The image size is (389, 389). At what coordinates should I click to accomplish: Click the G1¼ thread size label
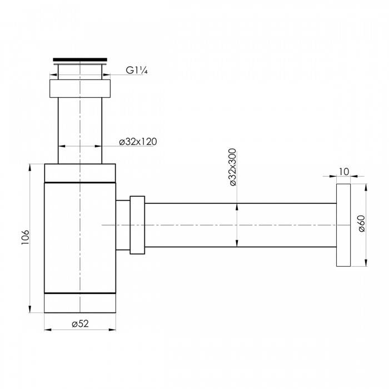137,71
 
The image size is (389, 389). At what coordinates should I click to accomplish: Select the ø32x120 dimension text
138,142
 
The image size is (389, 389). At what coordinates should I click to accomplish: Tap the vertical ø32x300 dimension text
233,167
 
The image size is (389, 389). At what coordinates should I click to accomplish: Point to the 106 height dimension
26,237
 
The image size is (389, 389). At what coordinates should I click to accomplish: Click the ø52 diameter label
80,323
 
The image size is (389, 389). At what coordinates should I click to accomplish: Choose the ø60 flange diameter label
362,223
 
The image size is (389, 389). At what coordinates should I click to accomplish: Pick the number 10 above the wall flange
343,171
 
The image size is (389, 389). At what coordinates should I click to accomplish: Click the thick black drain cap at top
80,59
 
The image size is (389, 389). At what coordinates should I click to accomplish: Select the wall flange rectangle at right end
343,225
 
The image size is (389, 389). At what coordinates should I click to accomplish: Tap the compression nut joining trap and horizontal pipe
137,225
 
